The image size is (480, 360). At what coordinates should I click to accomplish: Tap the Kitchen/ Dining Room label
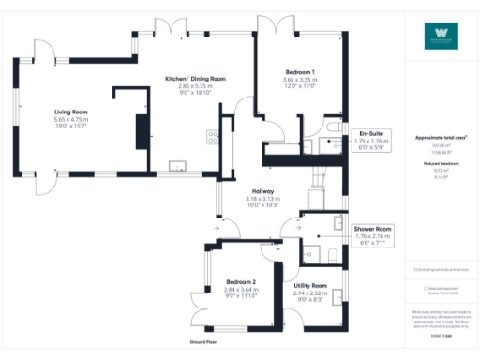click(x=195, y=79)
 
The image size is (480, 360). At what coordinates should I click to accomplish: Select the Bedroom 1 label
click(x=300, y=72)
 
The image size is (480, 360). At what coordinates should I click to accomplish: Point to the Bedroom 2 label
click(x=242, y=281)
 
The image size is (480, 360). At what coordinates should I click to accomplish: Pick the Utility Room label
click(x=309, y=285)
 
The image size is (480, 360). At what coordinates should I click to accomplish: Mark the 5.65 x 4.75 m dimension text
click(x=71, y=120)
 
